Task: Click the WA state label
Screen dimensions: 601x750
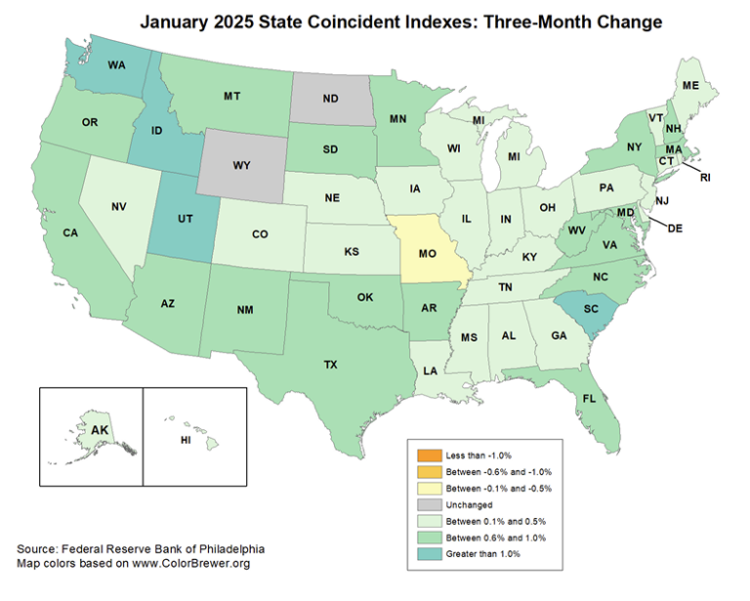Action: pos(115,65)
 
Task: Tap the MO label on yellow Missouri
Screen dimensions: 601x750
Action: pos(427,252)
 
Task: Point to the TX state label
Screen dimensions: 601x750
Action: pos(330,364)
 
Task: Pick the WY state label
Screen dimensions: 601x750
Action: pos(242,165)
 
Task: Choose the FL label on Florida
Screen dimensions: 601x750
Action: pos(589,398)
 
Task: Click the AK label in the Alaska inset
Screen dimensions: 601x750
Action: pos(100,429)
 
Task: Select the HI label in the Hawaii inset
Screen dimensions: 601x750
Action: pos(186,440)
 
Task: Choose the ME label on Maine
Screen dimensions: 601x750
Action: pos(689,85)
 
